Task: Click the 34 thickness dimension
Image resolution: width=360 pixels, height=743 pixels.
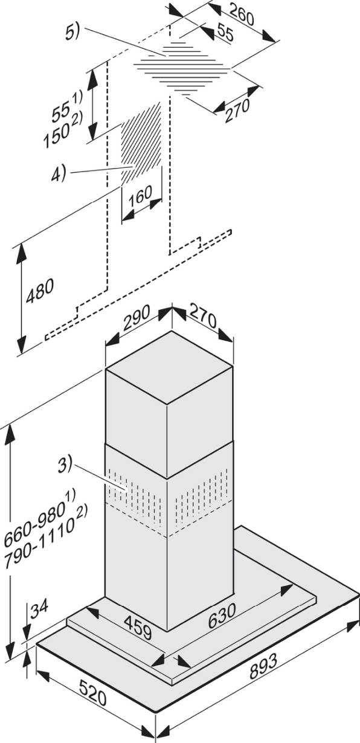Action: [39, 608]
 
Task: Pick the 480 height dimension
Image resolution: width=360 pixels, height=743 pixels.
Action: [40, 291]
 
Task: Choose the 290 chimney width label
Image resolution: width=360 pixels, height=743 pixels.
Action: [137, 318]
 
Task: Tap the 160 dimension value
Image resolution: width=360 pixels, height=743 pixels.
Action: [140, 196]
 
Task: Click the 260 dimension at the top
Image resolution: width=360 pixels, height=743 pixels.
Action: [241, 14]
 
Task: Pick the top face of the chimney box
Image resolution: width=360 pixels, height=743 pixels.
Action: [169, 367]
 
